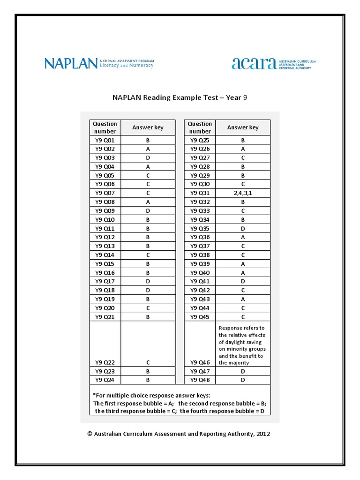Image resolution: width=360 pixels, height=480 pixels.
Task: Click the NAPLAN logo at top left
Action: tap(99, 63)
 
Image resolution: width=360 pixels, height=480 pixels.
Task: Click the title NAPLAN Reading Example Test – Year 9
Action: tap(180, 97)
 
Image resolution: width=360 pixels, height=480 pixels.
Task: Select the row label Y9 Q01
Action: tap(105, 140)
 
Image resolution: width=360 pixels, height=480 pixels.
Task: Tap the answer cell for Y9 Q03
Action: tap(148, 157)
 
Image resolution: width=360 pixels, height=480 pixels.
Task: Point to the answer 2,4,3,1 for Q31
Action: tap(243, 193)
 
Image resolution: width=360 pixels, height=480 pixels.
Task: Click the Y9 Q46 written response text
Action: tap(242, 345)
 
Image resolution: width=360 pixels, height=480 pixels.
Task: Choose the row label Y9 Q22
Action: tap(105, 362)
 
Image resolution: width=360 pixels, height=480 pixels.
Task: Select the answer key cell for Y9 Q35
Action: tap(243, 228)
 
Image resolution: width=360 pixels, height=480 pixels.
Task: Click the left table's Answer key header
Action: tap(148, 127)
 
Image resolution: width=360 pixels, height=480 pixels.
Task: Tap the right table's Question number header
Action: tap(200, 127)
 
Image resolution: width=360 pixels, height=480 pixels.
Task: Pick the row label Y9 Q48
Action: tap(200, 380)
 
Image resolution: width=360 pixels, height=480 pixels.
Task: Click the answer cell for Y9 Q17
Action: tap(148, 281)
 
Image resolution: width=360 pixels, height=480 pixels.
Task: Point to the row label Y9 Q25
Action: tap(200, 140)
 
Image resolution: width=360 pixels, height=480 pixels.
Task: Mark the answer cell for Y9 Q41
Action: tap(243, 281)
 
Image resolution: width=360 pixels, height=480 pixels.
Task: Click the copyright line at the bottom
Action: tap(179, 434)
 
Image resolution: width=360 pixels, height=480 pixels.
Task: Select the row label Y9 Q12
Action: tap(105, 237)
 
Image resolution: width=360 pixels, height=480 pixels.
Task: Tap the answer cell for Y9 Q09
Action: tap(148, 210)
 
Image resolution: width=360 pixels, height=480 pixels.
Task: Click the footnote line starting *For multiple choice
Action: tap(151, 395)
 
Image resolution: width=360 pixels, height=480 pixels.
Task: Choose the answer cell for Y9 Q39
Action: tap(243, 264)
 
